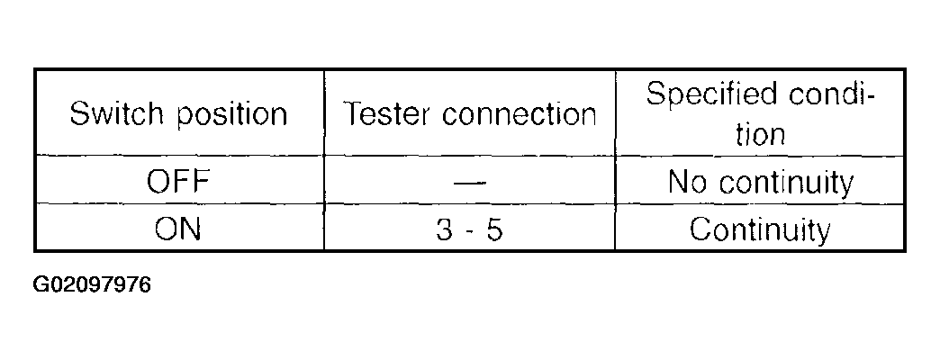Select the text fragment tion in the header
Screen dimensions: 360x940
[760, 135]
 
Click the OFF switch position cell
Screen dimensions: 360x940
[177, 184]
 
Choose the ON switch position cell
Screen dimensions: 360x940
[177, 229]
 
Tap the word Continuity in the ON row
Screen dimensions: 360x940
[759, 230]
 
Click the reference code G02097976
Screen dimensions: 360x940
[92, 287]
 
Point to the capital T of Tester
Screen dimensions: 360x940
[353, 115]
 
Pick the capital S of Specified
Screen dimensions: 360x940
[655, 94]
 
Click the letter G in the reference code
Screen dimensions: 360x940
[41, 287]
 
